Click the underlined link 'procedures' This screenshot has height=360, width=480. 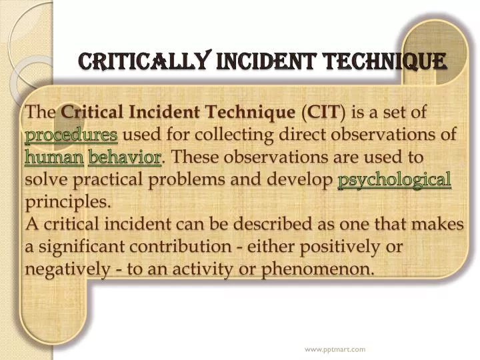[71, 135]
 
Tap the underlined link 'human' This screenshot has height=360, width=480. [54, 158]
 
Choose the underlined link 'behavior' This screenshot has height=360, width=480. [125, 158]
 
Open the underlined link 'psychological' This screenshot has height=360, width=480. [395, 180]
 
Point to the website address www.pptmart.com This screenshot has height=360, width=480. [335, 349]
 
